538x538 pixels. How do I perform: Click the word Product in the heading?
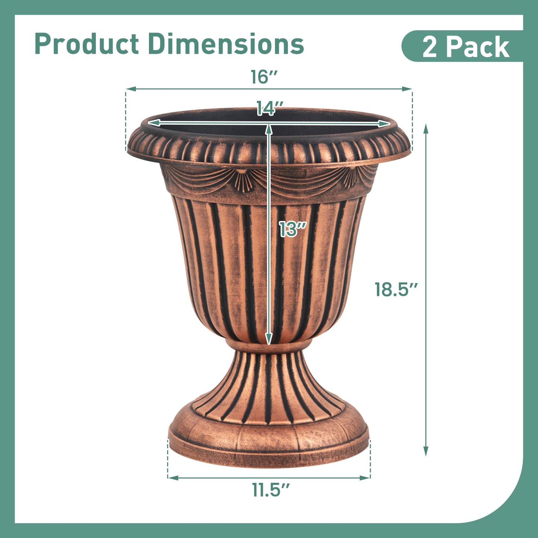tap(86, 44)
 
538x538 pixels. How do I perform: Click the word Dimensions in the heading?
tap(226, 44)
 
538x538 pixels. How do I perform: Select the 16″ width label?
tap(264, 77)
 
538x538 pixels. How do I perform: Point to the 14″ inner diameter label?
tap(270, 108)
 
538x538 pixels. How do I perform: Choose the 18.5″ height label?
tap(396, 289)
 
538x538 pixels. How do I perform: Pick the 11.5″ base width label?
tap(271, 490)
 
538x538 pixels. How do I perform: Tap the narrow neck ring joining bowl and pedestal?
tap(268, 346)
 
